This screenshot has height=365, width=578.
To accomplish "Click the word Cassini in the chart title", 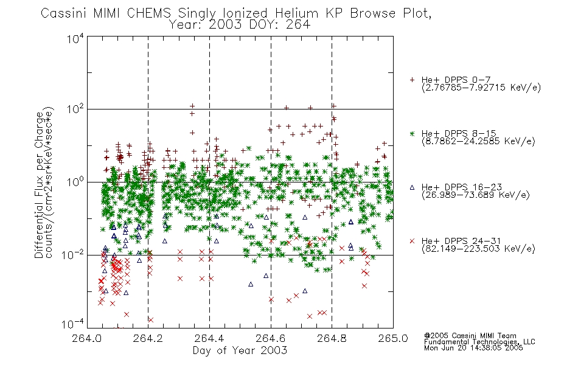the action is tap(63, 13).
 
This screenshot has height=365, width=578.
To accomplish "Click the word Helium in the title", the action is tap(297, 13).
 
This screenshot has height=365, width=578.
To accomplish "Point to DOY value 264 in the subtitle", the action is tap(297, 25).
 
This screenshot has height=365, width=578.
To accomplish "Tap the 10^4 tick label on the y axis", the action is tap(75, 38).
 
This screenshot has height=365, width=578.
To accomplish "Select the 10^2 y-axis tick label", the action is tap(75, 109).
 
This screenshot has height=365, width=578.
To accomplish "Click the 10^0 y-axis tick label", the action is tap(75, 182).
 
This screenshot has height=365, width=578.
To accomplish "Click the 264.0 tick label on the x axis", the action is tap(87, 338).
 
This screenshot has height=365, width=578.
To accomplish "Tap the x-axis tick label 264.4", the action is tap(209, 338).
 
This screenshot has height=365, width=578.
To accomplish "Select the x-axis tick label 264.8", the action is tap(332, 338).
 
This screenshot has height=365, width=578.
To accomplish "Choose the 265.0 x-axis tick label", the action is tap(393, 338).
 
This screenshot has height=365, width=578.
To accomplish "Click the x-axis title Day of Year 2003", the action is tap(240, 350).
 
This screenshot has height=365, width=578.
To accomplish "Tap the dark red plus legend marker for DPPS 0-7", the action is tap(412, 80).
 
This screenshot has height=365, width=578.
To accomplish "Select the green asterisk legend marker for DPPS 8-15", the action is tap(412, 134).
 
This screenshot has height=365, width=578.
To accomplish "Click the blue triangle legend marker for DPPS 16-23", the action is tap(412, 187).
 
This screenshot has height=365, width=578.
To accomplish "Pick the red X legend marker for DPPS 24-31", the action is tap(412, 241).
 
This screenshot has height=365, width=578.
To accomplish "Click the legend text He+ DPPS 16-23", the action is tap(462, 187).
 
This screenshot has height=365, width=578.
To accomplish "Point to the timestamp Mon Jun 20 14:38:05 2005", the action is tap(473, 348).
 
